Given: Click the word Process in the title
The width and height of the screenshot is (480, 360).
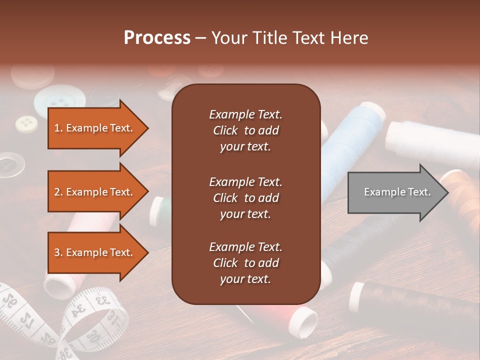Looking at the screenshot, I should [157, 38].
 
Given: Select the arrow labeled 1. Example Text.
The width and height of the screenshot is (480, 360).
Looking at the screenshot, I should [95, 128].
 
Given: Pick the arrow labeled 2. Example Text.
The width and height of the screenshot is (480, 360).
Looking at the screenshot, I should [95, 192].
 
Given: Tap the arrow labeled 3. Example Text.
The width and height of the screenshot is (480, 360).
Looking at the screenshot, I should [95, 252].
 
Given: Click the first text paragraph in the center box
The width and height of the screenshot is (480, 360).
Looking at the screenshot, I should [245, 130].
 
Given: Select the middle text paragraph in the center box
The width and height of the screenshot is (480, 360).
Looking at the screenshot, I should [245, 198].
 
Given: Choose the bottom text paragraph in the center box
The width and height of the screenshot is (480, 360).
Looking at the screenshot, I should [245, 263].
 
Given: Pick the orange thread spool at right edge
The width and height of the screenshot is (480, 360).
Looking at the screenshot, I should [462, 195].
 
